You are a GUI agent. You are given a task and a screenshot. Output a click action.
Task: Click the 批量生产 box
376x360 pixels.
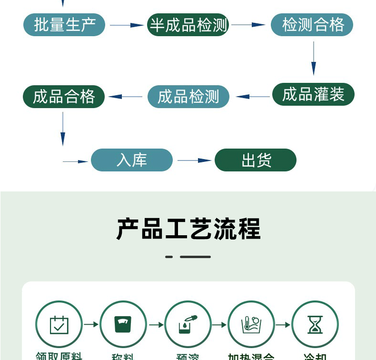coord(64,25)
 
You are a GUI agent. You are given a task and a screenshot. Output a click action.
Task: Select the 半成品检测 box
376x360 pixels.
coord(188,25)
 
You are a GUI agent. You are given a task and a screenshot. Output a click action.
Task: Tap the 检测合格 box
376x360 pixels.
coord(312,25)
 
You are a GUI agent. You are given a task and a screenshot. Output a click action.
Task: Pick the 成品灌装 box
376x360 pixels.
coord(313,94)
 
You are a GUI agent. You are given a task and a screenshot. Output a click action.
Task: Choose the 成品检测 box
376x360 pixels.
coord(188,97)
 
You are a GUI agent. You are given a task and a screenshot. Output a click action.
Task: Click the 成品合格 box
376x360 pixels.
coord(64,97)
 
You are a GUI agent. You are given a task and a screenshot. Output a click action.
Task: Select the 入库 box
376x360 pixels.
coord(132,160)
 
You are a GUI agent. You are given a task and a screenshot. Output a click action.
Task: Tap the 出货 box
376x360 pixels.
coord(256,160)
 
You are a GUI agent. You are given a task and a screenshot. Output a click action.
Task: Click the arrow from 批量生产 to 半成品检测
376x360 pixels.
coord(126,25)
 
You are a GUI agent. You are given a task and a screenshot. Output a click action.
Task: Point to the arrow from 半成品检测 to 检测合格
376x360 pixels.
coord(249,25)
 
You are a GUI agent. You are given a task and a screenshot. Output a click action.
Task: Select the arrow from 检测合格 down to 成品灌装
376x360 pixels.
coord(313,58)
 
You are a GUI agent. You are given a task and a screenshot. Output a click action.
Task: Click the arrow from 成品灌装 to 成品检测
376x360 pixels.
coord(253,97)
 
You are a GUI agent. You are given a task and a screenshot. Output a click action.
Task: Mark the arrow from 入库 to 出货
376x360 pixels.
coord(194,160)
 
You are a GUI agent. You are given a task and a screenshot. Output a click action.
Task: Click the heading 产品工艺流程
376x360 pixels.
coord(188,230)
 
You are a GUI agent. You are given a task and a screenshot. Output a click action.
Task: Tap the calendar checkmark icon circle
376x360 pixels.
coord(59,324)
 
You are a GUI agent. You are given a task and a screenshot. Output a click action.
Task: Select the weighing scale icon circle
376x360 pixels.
coord(123,324)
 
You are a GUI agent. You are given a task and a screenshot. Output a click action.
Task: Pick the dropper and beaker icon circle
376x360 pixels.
coord(188,324)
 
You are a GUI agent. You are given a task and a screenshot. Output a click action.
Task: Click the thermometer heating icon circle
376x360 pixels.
coord(251,324)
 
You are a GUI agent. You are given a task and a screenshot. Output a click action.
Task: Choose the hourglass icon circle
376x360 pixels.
coord(315,324)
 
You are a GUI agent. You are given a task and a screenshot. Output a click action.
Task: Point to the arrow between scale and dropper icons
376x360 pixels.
coord(156,325)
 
